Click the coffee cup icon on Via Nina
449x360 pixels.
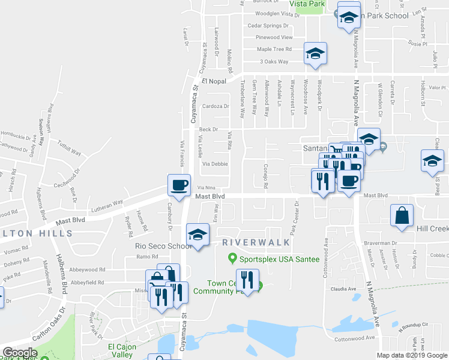point(179,185)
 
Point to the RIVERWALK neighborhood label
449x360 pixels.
point(256,242)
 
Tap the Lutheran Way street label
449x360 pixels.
point(107,203)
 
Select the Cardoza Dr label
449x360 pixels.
point(216,106)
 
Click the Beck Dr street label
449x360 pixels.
point(208,129)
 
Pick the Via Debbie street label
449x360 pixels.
point(215,164)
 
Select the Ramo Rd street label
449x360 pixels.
point(146,256)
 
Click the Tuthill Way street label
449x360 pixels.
point(69,148)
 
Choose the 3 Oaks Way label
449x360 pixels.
point(274,62)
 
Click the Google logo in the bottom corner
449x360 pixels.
point(20,353)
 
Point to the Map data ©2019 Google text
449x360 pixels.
point(411,355)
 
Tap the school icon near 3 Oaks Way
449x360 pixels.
point(315,53)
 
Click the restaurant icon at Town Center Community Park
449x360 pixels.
point(247,279)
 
